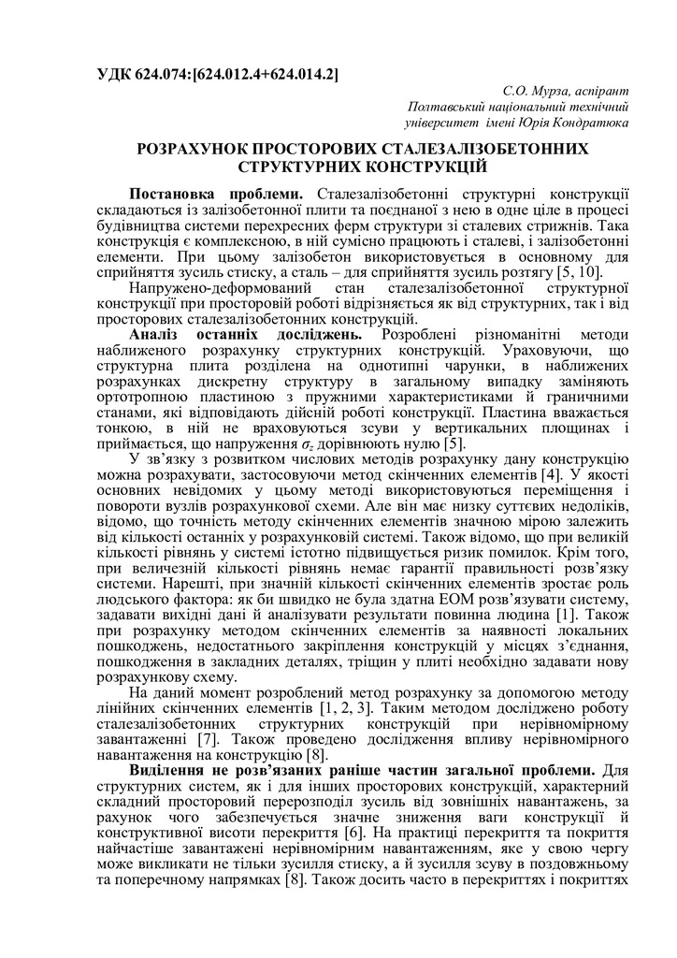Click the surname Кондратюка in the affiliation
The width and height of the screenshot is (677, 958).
(586, 122)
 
